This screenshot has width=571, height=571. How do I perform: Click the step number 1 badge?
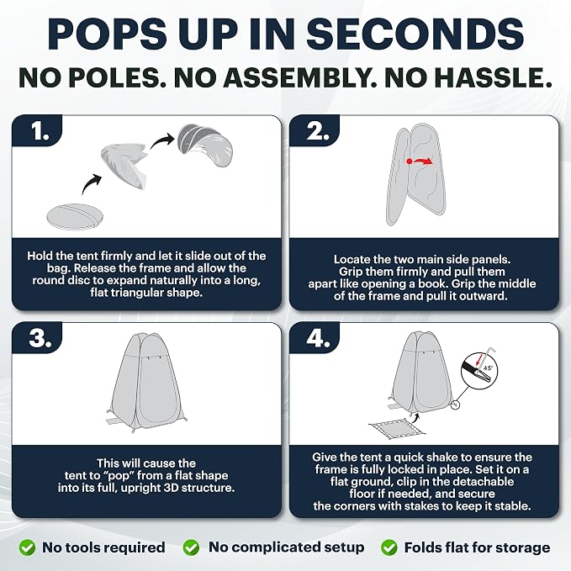37,130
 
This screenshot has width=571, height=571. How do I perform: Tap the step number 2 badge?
315,130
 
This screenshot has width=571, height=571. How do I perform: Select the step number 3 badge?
37,338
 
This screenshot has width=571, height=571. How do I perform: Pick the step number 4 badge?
315,338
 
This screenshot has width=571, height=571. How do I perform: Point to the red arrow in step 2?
420,161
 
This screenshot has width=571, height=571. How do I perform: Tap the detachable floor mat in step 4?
397,429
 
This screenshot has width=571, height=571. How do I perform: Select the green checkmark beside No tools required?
27,547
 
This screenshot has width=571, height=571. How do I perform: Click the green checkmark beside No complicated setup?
191,547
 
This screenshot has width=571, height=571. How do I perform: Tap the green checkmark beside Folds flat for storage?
389,547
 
